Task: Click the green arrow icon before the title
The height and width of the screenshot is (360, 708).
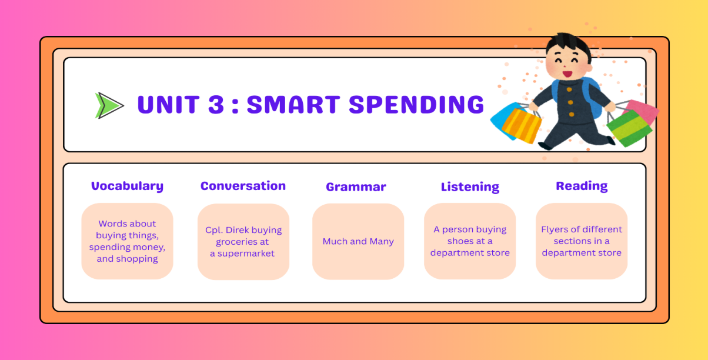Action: tap(109, 105)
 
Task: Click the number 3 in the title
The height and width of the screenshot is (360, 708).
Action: tap(216, 104)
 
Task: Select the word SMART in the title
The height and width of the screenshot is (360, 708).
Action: tap(293, 104)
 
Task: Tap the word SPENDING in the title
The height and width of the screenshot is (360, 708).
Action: tap(416, 104)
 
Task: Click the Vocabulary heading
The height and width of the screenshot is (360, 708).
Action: tap(127, 186)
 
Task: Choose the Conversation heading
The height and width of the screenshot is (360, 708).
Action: tap(243, 186)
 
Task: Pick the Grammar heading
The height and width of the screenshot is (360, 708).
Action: tap(356, 187)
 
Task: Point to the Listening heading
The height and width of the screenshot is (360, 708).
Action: tap(470, 187)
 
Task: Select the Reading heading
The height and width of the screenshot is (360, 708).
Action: tap(582, 186)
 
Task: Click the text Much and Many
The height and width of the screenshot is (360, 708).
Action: tap(358, 242)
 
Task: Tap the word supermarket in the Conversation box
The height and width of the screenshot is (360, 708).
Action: tap(246, 254)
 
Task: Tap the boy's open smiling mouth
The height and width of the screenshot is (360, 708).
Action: tap(567, 74)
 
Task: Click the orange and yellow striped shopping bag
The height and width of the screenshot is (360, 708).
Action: tap(521, 126)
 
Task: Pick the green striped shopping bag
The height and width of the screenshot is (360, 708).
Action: tap(629, 128)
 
